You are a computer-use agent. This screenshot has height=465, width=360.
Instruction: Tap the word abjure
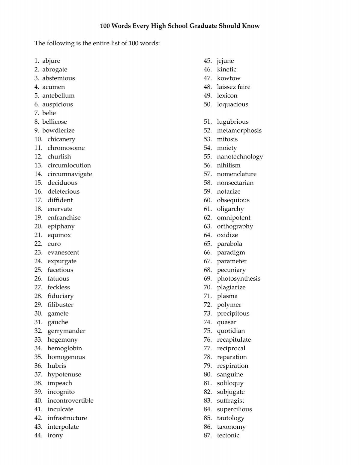coord(51,61)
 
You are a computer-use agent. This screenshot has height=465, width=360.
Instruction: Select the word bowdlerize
coord(58,131)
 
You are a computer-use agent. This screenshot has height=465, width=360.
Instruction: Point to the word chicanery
coord(61,139)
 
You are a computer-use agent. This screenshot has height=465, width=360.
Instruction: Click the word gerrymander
coord(66,331)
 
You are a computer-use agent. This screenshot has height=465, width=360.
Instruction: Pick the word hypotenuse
coord(64,375)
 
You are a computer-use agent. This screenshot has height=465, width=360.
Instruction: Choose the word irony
coord(55,436)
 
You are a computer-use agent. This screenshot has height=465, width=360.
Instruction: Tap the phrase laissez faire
coord(233,87)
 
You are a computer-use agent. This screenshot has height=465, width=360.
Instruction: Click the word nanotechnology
coord(240,157)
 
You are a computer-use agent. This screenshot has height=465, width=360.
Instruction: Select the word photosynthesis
coord(238,279)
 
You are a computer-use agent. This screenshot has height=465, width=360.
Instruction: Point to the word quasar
coord(226,322)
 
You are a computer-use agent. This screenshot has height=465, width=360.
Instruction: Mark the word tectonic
coord(228,436)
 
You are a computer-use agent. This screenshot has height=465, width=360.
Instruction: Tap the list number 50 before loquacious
coord(208,104)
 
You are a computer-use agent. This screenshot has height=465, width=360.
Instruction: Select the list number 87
coord(208,436)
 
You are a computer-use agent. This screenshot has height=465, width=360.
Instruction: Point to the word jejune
coord(225,61)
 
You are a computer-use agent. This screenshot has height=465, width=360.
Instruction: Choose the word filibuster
coord(60,305)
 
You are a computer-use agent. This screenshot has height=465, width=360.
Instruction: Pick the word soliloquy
coord(230,383)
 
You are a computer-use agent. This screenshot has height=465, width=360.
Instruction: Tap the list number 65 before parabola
coord(208,244)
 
